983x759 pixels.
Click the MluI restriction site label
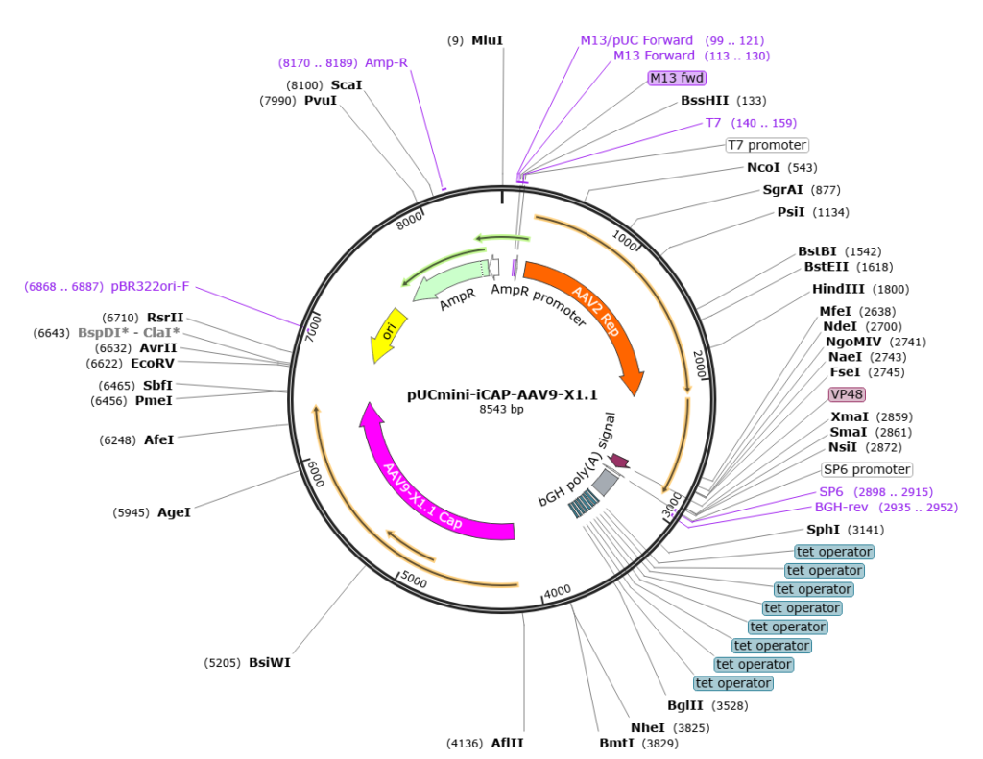[487, 40]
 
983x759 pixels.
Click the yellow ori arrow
[389, 334]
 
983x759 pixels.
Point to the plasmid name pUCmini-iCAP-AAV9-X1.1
[502, 395]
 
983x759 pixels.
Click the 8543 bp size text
[501, 410]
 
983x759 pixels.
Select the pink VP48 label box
[847, 394]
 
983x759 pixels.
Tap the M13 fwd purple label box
[677, 78]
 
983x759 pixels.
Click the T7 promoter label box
[767, 145]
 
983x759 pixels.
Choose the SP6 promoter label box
[867, 469]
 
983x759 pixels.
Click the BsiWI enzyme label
[270, 662]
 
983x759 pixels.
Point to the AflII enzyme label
[507, 743]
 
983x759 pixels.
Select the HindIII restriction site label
[838, 289]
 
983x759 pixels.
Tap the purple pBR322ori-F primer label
[150, 287]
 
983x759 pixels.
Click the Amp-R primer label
[386, 62]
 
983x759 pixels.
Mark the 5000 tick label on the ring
[414, 580]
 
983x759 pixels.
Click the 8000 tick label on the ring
[409, 221]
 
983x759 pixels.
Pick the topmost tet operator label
[834, 552]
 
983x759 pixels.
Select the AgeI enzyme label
[174, 512]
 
